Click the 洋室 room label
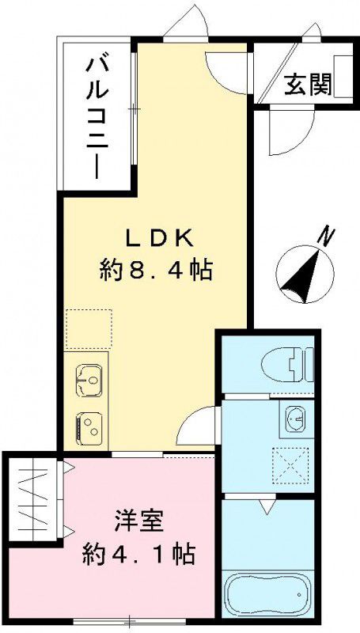tap(138, 523)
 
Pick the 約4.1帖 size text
tap(139, 554)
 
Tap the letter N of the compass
tap(324, 234)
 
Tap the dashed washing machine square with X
tap(290, 465)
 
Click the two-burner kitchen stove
tap(89, 428)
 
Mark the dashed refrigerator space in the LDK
tap(89, 329)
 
